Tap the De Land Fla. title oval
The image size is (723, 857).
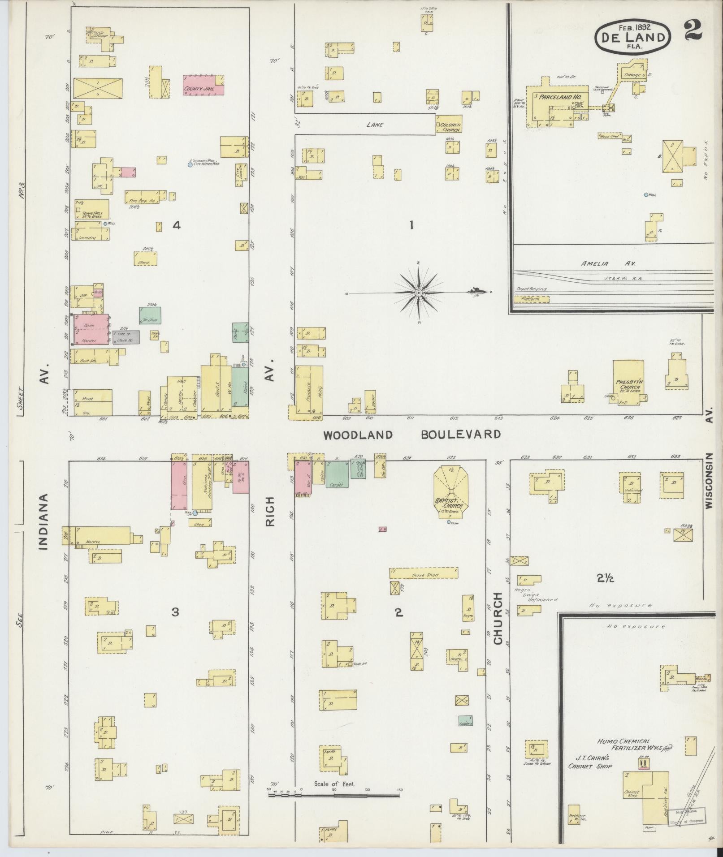[632, 36]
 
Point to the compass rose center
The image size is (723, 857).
[418, 293]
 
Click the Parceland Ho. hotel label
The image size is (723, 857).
[557, 97]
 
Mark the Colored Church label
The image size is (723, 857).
[450, 127]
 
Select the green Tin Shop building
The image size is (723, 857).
[150, 315]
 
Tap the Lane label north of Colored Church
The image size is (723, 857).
[374, 125]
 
